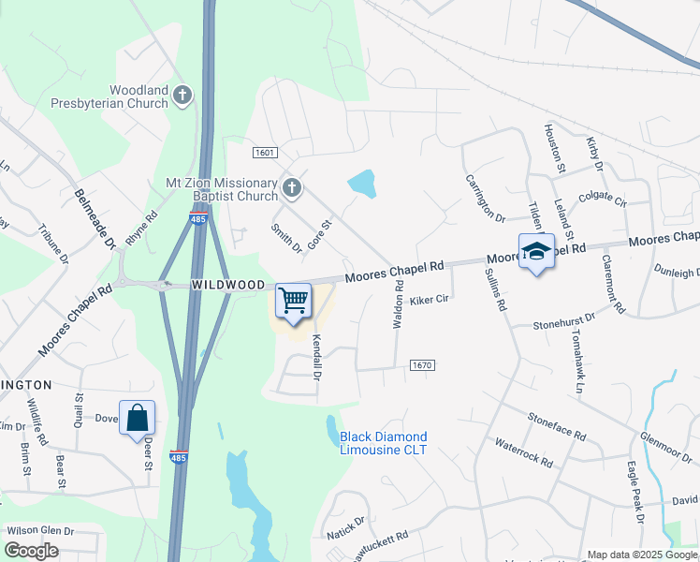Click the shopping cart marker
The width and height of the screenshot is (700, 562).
point(294,302)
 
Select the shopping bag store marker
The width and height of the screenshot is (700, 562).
point(137,418)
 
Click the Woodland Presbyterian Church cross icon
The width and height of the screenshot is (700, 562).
point(182,95)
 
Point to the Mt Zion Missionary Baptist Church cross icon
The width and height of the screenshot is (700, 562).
point(292,188)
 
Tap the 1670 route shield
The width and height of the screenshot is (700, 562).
point(421,365)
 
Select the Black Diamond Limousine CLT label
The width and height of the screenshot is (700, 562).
point(383,443)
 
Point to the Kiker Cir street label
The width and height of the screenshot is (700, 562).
point(430,301)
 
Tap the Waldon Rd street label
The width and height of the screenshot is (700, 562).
point(399,308)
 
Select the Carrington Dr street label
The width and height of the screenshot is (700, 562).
point(484,198)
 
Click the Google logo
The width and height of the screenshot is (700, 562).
point(32,551)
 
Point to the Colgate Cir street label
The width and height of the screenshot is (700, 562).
point(602,198)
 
